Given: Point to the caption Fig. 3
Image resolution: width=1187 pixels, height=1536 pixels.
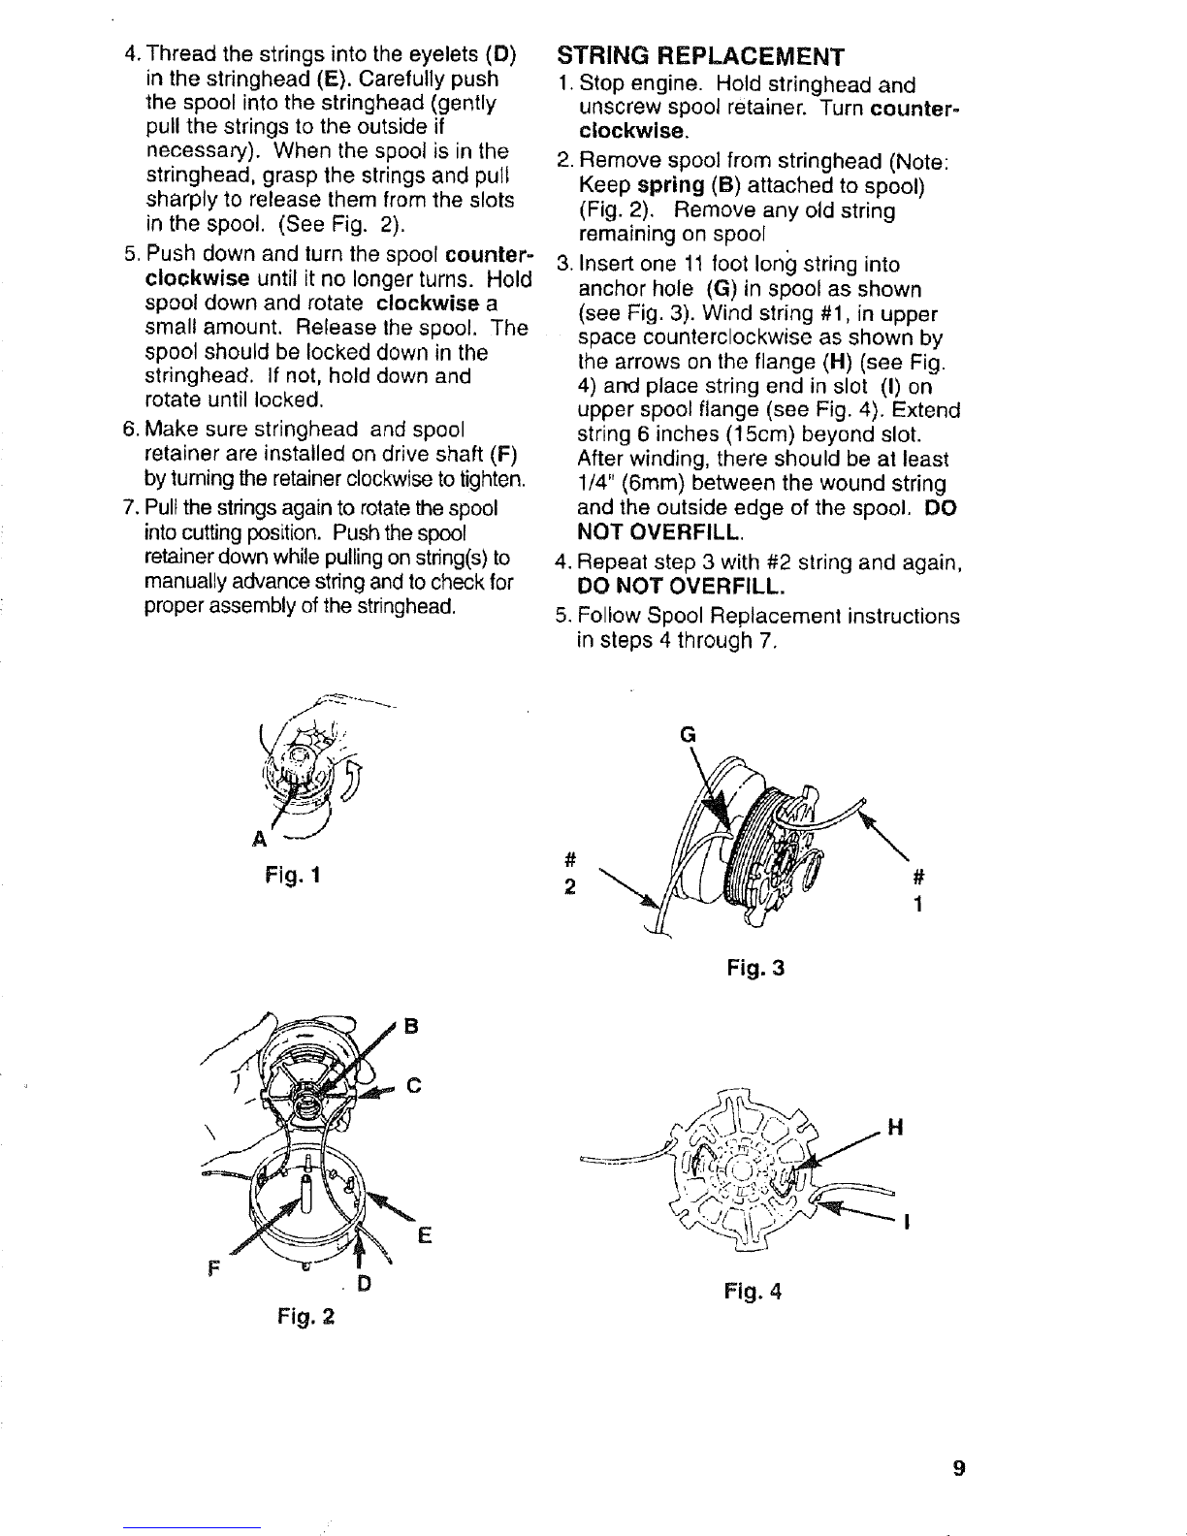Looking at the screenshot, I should (754, 968).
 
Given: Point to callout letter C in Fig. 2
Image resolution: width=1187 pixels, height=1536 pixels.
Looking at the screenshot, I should (412, 1085).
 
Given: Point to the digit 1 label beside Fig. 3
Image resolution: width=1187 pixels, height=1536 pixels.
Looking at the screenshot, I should (918, 903).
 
